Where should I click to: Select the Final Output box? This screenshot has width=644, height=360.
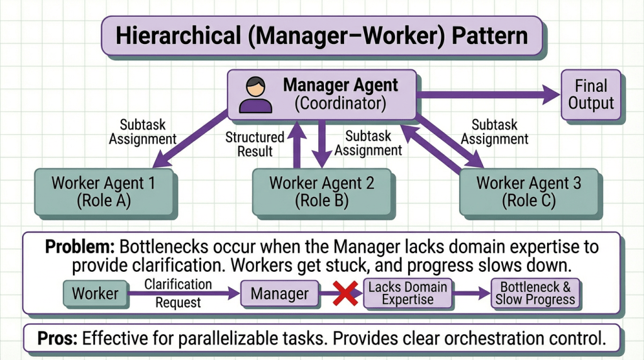[591, 94]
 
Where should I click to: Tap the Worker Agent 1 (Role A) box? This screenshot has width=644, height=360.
[103, 192]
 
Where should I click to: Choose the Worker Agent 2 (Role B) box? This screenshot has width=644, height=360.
[321, 192]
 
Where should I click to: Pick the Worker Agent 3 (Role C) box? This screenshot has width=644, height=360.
[529, 192]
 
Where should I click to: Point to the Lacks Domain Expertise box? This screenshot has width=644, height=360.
[408, 293]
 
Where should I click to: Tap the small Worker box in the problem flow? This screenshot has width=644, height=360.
[96, 293]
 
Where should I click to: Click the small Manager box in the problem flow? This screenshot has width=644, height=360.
[279, 293]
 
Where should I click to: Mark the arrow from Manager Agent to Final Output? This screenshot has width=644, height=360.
[487, 95]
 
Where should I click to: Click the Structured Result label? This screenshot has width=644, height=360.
[255, 144]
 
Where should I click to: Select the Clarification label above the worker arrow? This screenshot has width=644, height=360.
[178, 284]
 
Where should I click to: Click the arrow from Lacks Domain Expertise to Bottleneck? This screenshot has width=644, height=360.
[471, 293]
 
